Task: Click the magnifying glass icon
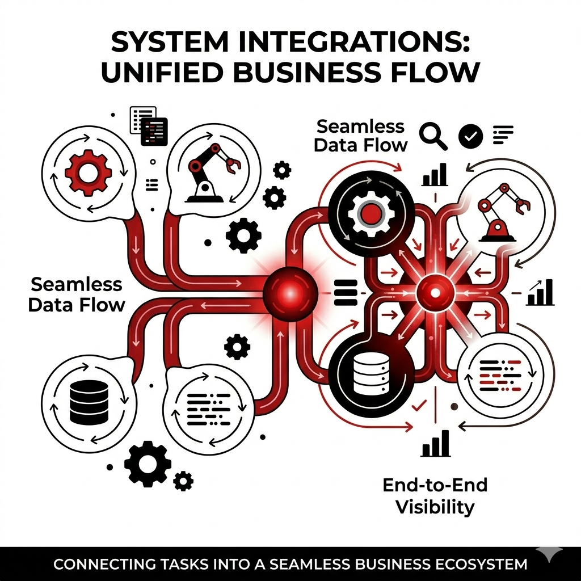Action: click(x=433, y=136)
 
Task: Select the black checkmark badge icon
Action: click(x=470, y=136)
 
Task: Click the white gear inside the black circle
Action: click(x=369, y=214)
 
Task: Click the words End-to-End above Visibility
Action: click(x=435, y=485)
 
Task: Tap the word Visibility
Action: click(x=435, y=506)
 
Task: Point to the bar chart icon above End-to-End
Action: click(x=436, y=443)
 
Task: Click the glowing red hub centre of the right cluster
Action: click(x=435, y=293)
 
